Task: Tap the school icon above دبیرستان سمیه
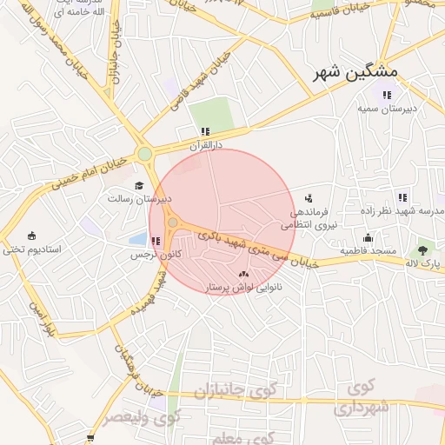384,95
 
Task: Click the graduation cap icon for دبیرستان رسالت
139,185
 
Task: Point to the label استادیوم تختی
32,249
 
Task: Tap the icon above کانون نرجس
156,241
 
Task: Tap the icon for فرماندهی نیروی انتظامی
309,199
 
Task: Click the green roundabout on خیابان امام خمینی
144,155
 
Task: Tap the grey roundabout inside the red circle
173,223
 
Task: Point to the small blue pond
137,237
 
